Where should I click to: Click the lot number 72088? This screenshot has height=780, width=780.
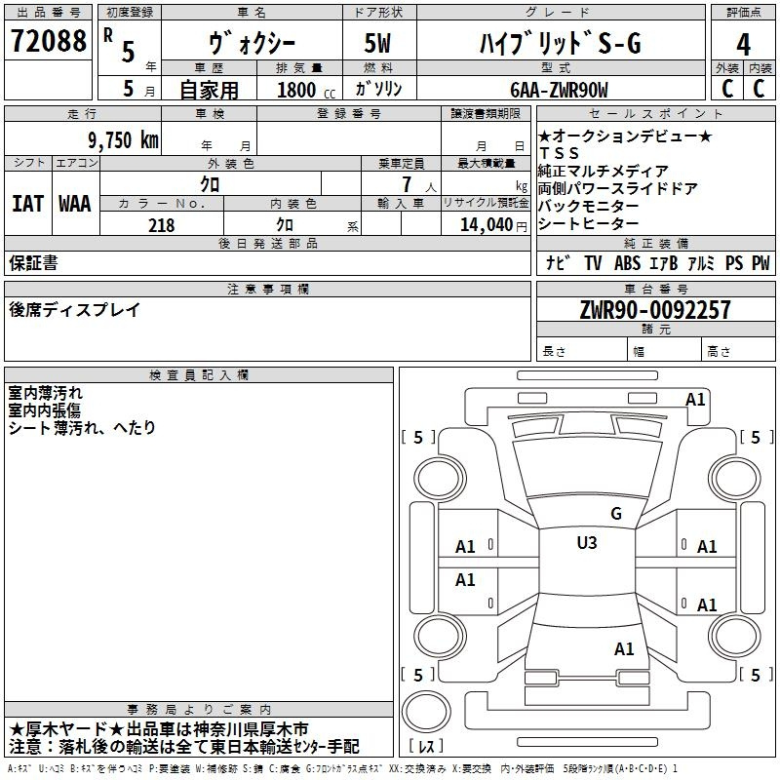(48, 41)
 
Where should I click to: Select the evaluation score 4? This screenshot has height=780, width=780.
(744, 43)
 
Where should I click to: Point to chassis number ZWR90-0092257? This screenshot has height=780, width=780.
(655, 311)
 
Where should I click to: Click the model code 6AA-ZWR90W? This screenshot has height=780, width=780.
(559, 89)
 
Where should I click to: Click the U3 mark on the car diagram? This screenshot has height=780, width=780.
(587, 543)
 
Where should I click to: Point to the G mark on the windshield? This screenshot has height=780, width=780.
(615, 514)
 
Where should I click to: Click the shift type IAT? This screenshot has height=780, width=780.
(28, 203)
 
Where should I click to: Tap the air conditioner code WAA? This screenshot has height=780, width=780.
(74, 203)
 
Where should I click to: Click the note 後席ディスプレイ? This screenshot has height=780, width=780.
(74, 310)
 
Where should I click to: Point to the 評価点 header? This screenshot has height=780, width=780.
(744, 12)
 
